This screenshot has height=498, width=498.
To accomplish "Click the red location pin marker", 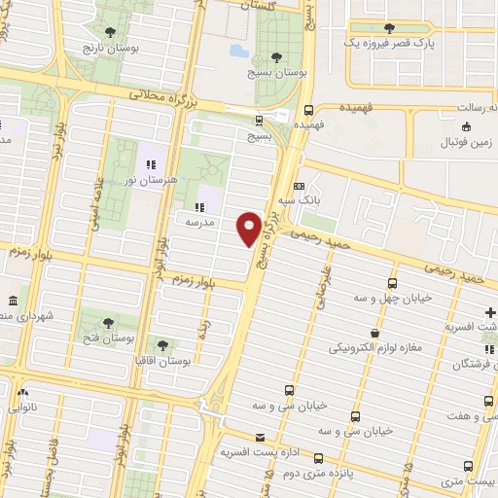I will tap(249, 228).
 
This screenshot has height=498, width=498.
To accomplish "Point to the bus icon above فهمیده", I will tap(309, 110).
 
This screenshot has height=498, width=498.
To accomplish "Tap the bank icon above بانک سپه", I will tap(299, 184).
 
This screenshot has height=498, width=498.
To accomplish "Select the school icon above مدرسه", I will tap(199, 206).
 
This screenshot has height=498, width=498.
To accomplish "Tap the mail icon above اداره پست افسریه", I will tap(259, 438).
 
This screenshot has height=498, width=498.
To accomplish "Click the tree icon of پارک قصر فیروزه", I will tap(389, 28).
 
